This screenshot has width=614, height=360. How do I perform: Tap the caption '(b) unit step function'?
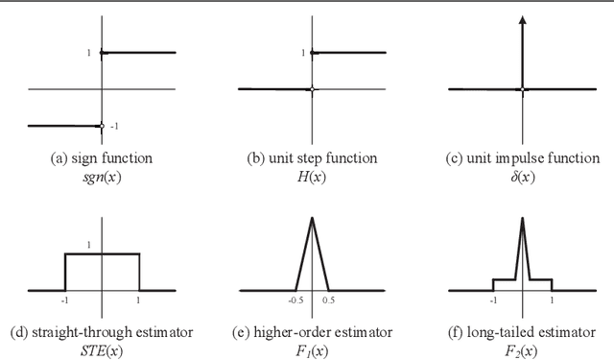coord(312,157)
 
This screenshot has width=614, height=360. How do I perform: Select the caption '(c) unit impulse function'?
coord(523,157)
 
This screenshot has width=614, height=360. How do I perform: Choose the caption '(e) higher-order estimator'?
coord(312,332)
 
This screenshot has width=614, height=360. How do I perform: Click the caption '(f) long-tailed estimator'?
coord(523,332)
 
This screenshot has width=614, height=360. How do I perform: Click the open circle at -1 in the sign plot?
coord(102,126)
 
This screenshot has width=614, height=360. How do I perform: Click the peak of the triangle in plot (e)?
coord(312,219)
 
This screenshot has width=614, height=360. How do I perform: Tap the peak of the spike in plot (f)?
coord(523,219)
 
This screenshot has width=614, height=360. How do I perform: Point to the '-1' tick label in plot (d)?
coord(64,299)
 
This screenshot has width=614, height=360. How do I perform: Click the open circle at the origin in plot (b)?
coord(313,89)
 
